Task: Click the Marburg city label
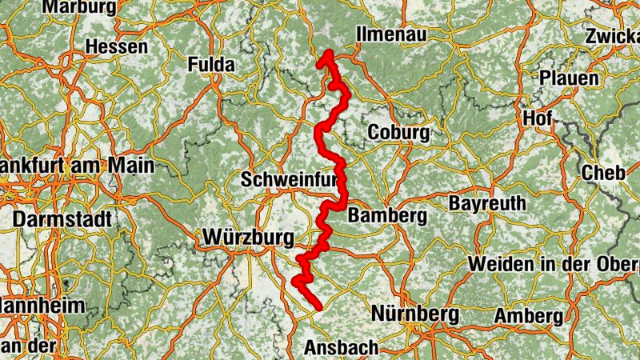pyautogui.click(x=79, y=7)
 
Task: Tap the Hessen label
pyautogui.click(x=116, y=47)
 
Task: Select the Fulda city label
pyautogui.click(x=211, y=65)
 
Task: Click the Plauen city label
pyautogui.click(x=569, y=78)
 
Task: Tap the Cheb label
pyautogui.click(x=602, y=172)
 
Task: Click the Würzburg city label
pyautogui.click(x=249, y=238)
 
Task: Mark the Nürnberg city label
pyautogui.click(x=414, y=313)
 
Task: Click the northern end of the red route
pyautogui.click(x=327, y=54)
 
